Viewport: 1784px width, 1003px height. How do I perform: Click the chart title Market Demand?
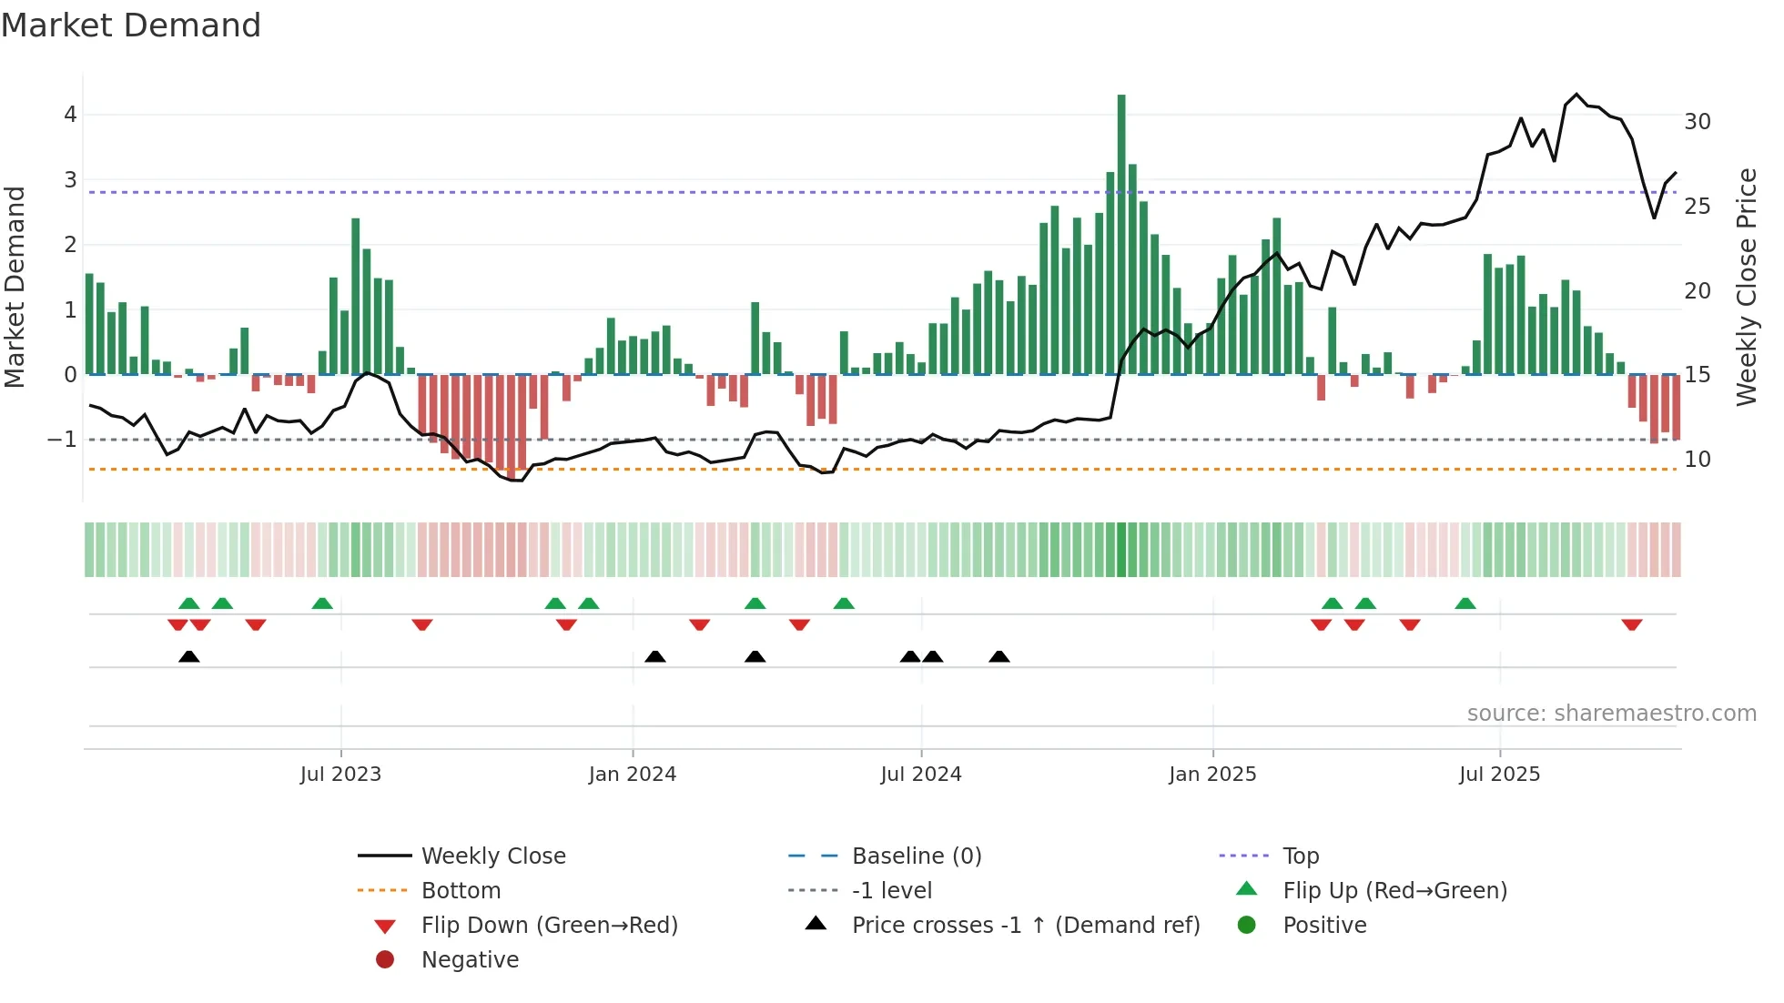131,25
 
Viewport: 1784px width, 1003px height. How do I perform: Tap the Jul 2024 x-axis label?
920,775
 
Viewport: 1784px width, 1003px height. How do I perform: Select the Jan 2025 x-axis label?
1211,775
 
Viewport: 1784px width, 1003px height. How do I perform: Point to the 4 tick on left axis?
70,115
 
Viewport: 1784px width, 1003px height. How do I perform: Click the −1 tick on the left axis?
63,440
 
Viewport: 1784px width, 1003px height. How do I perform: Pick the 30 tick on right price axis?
1697,122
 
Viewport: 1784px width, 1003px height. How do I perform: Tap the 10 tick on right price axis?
1697,460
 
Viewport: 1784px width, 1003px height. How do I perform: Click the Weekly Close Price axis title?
1746,287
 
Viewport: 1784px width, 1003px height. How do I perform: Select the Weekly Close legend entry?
492,856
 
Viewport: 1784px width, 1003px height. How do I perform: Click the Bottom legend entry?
461,891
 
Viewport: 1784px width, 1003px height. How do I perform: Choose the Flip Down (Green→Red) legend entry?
549,926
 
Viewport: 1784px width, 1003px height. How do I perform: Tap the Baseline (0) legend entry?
916,856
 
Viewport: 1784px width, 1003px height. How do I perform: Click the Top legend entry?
1300,856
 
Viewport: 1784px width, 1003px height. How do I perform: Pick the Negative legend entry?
470,960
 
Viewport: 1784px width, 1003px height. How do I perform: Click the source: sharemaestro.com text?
1611,714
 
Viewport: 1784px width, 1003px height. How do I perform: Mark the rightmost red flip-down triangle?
1631,625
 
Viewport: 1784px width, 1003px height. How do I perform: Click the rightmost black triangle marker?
998,656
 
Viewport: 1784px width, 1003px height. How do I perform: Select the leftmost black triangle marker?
188,656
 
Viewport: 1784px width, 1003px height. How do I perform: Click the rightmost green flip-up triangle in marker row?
1465,603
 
